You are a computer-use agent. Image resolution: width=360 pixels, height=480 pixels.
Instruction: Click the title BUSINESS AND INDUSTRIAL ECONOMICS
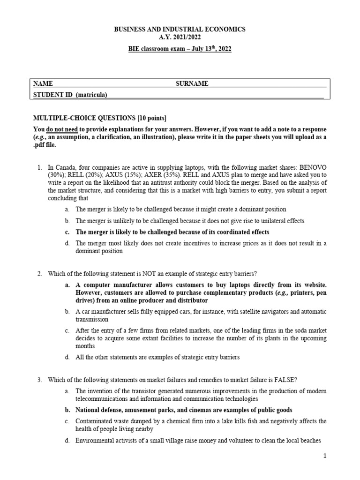pos(180,29)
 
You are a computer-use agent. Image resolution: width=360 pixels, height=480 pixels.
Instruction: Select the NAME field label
pos(43,83)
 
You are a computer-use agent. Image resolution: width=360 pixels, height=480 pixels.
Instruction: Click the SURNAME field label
pos(192,83)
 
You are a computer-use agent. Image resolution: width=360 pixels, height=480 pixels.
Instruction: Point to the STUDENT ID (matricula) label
pos(70,95)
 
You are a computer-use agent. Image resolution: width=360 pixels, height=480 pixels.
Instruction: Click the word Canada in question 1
pos(65,167)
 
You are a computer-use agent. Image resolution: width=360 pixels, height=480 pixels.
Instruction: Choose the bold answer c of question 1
pos(172,232)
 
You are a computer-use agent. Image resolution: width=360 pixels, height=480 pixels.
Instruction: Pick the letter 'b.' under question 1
pos(67,220)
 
